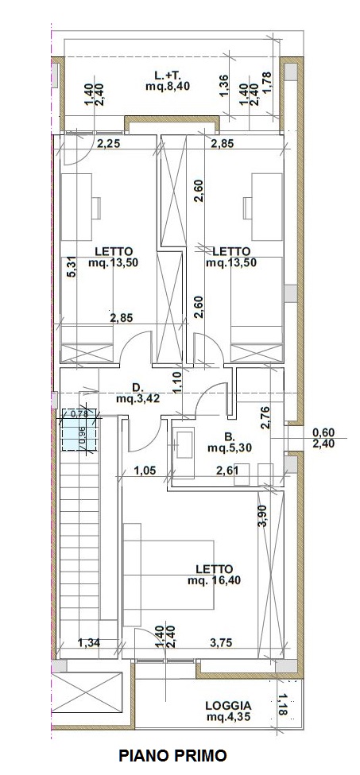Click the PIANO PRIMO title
point(172,756)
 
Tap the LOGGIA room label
point(228,706)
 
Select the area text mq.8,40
point(168,87)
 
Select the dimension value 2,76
point(264,417)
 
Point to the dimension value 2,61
point(229,470)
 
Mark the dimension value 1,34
point(89,642)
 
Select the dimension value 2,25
point(107,144)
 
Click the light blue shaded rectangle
point(79,429)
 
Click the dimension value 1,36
point(223,85)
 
